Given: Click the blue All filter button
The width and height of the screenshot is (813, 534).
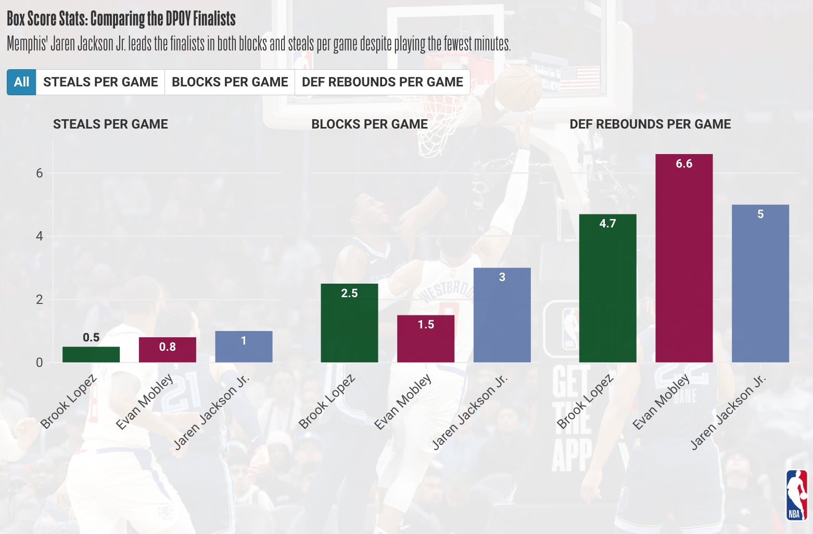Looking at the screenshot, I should [x=21, y=82].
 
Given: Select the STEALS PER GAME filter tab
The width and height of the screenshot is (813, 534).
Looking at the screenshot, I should [x=100, y=82].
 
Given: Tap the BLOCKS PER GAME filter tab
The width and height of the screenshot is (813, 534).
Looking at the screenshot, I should [x=230, y=82].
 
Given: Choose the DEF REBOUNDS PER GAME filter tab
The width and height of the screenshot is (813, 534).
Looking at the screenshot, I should [x=382, y=82].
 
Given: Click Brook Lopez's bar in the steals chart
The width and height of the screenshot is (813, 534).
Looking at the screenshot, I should [x=91, y=354].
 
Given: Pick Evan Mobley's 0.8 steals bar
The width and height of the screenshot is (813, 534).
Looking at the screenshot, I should [x=167, y=350].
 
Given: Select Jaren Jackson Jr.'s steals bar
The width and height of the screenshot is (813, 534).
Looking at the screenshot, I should [x=244, y=347].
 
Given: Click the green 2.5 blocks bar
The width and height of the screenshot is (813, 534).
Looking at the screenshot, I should [x=349, y=323].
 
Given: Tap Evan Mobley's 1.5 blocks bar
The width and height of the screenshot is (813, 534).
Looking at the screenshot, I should [x=425, y=339].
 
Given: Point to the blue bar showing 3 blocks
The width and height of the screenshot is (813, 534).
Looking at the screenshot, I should [x=502, y=315].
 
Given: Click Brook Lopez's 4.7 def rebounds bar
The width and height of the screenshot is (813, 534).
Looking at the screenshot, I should [x=607, y=288].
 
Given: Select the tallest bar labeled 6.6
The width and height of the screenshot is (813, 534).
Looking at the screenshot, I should [x=684, y=258].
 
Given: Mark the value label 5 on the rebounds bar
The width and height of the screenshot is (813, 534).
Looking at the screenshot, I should [x=760, y=214].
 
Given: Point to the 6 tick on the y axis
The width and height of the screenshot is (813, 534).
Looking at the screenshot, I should [x=40, y=173].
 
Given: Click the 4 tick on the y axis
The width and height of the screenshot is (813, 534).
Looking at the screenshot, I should [x=40, y=236].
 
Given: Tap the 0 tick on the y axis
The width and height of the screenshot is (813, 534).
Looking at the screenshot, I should [x=40, y=363].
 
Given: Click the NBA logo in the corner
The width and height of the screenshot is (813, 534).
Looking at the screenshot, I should [x=796, y=495].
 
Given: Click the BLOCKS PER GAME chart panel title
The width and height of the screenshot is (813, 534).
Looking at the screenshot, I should [x=370, y=124].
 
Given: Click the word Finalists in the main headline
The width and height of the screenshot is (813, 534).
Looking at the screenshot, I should [x=214, y=19].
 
